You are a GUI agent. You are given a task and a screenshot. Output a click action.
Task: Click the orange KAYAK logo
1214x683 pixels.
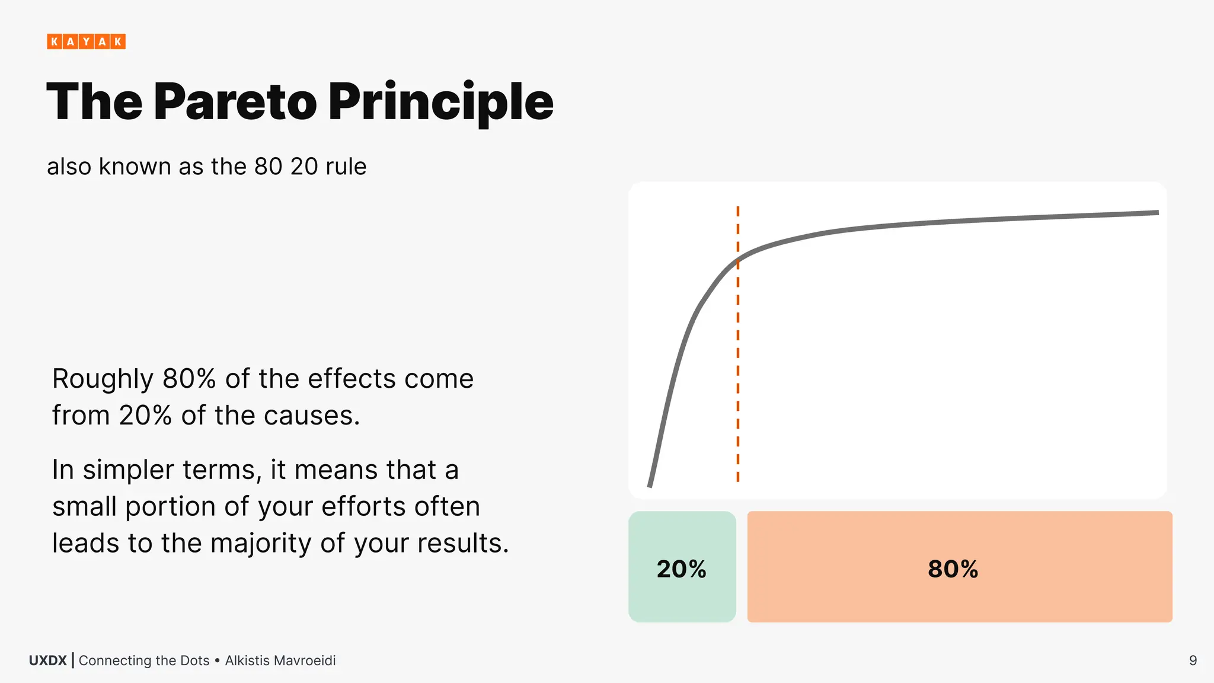click(86, 42)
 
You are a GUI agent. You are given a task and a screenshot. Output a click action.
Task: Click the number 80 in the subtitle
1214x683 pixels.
click(269, 167)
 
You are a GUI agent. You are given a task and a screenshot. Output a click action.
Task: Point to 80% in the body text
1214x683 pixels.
click(189, 379)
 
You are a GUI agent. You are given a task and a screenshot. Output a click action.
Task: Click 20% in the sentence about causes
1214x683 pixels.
click(145, 416)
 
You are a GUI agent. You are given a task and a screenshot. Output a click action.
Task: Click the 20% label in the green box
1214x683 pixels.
click(682, 569)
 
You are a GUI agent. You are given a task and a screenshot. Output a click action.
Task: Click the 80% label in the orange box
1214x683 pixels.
click(953, 569)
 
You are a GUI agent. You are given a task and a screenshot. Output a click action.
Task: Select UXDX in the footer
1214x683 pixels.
click(48, 660)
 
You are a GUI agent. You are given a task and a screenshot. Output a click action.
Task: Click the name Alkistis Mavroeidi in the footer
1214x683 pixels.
click(280, 660)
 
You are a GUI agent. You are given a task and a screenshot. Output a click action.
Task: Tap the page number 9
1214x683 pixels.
click(1193, 660)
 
